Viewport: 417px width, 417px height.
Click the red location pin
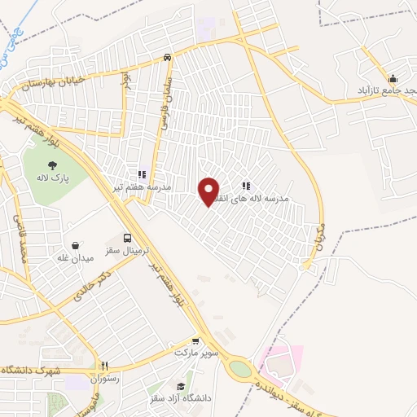(x=209, y=190)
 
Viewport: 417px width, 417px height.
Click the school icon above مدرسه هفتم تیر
(x=142, y=173)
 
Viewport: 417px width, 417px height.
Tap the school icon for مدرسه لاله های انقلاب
(x=246, y=186)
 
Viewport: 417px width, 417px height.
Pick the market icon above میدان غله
(x=76, y=245)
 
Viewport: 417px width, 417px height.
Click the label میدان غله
(x=76, y=258)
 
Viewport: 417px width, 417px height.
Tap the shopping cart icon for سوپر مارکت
(x=195, y=341)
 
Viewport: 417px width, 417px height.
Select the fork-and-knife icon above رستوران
(x=103, y=366)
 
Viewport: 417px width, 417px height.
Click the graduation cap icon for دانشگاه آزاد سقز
(x=181, y=386)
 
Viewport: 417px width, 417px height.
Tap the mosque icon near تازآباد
(x=393, y=79)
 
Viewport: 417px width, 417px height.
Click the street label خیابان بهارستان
(x=42, y=90)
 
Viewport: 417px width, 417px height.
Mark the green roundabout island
(x=240, y=369)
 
